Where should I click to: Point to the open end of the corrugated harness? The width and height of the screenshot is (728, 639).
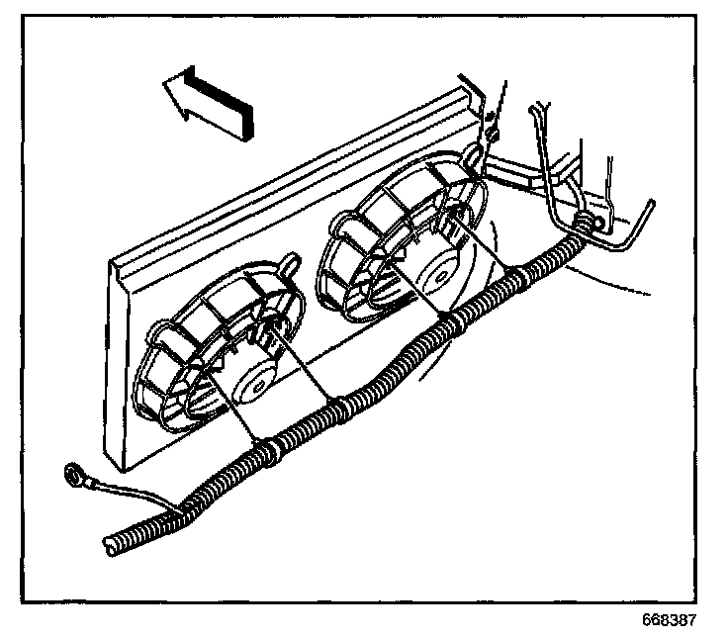coord(111,541)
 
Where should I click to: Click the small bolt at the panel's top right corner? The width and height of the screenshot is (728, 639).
coord(492,128)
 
